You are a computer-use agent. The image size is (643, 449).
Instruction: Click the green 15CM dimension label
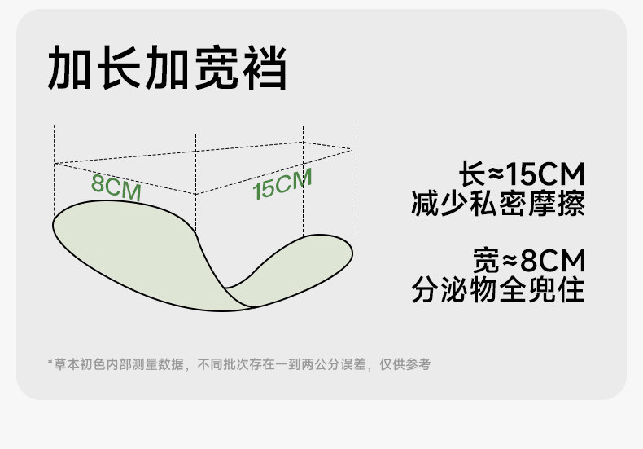(x=282, y=185)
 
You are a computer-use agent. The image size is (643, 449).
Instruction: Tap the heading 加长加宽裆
(x=167, y=68)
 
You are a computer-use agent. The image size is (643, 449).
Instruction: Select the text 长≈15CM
(x=522, y=174)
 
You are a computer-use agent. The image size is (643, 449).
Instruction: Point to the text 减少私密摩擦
(x=498, y=203)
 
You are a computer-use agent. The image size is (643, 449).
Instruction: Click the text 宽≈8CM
(x=528, y=262)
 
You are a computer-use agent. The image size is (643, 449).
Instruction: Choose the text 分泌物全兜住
(x=498, y=291)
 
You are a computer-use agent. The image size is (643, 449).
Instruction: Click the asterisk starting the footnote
(x=50, y=364)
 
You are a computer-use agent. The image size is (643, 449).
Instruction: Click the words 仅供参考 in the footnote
(x=409, y=364)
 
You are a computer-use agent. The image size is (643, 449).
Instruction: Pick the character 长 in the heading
(x=119, y=68)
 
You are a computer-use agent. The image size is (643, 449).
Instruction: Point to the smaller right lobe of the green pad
(x=301, y=261)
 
